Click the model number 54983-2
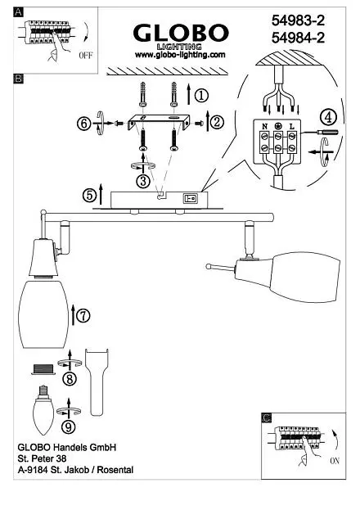tap(298, 20)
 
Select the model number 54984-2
tap(298, 38)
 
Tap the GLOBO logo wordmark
tap(181, 34)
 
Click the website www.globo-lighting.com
tap(180, 55)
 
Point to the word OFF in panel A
tap(86, 56)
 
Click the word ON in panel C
tap(335, 461)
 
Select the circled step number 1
tap(201, 95)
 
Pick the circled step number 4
tap(328, 117)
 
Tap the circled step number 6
tap(84, 124)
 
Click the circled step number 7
tap(83, 315)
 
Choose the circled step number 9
tap(68, 427)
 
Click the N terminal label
tap(265, 127)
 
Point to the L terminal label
tap(292, 127)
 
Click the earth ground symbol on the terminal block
tap(278, 127)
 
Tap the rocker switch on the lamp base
tap(191, 198)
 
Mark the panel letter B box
tap(19, 79)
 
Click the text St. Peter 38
tap(42, 458)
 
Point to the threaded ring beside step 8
tap(43, 369)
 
